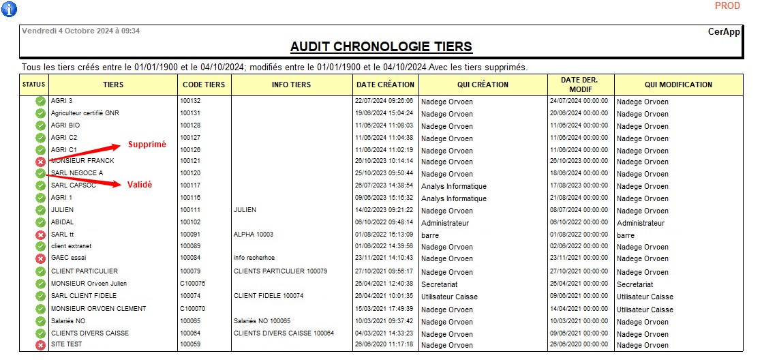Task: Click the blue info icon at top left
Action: pos(10,9)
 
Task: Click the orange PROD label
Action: pos(727,6)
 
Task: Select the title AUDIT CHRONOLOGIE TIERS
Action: pos(381,46)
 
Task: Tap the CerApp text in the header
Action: pos(725,31)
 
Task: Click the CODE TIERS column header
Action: pos(204,85)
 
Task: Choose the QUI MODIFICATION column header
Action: pos(678,85)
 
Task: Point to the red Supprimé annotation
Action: pos(147,145)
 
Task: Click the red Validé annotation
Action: pos(140,185)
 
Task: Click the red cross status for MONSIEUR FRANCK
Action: pos(40,162)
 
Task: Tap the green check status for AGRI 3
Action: pos(40,102)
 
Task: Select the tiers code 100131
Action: pos(190,113)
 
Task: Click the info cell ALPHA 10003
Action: pos(254,235)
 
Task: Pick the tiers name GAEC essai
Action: pos(70,258)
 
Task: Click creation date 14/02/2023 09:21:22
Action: pos(384,210)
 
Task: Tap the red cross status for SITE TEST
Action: pos(40,345)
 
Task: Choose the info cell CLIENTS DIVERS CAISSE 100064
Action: pos(284,333)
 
